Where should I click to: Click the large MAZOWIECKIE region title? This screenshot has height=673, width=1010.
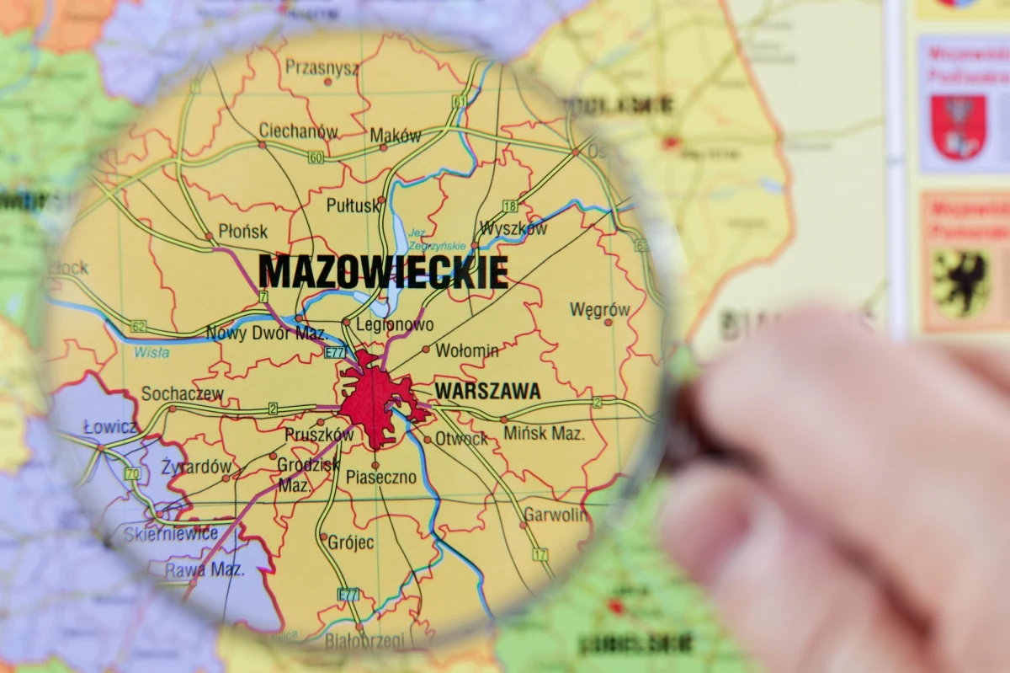coord(383,271)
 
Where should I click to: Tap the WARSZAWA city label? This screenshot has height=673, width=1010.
coord(488,392)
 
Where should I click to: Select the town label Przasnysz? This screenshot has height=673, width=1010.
coord(322,67)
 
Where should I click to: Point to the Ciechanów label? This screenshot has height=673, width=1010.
coord(298,131)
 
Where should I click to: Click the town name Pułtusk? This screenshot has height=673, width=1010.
coord(353,206)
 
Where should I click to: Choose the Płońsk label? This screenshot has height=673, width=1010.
coord(242,231)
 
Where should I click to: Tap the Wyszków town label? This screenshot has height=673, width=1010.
coord(513,228)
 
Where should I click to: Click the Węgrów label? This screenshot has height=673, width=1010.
coord(599,309)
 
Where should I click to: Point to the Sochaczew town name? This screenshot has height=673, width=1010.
coord(183,393)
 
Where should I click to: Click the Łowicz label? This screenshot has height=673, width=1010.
coord(110,428)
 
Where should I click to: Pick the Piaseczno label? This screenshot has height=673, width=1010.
coord(380,478)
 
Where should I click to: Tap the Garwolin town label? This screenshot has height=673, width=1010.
coord(555,515)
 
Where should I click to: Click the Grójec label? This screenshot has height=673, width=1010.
coord(351,542)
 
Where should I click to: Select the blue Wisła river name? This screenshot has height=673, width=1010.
coord(151,352)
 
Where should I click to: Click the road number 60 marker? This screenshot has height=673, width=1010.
coord(316,158)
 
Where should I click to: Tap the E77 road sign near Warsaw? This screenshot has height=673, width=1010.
coord(336,353)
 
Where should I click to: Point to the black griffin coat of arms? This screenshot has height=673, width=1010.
coord(961,283)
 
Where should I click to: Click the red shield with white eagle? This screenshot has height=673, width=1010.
coord(959,127)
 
